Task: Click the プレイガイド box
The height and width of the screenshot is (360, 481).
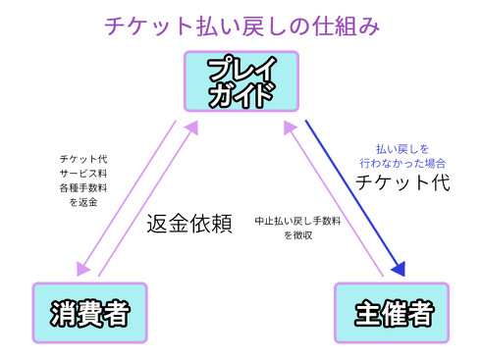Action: click(240, 83)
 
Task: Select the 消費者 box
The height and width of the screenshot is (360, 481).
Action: click(89, 313)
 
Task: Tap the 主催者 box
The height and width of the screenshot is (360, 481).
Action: click(392, 313)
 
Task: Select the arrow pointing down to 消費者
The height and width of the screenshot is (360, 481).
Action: click(131, 196)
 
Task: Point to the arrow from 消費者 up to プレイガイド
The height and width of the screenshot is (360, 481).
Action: click(147, 196)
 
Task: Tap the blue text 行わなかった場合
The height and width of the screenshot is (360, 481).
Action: click(402, 163)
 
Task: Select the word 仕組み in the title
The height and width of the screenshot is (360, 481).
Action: click(343, 23)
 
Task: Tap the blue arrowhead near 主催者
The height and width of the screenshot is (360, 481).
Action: click(398, 269)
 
